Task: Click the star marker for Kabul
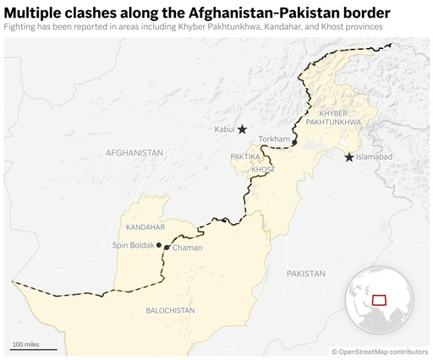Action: click(x=242, y=129)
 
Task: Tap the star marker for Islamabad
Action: click(x=349, y=157)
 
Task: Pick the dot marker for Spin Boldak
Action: click(x=159, y=245)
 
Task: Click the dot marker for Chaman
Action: click(x=166, y=247)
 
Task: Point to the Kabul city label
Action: click(x=224, y=130)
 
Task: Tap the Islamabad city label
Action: click(x=375, y=157)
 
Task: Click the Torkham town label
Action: click(x=274, y=139)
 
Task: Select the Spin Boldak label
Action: click(x=134, y=245)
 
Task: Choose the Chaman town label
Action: click(x=187, y=248)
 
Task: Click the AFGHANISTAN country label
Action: click(x=134, y=153)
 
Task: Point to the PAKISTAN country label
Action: click(x=305, y=274)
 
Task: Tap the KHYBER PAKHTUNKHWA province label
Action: click(x=340, y=117)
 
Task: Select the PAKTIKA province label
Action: click(x=245, y=157)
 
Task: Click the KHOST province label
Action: click(x=263, y=170)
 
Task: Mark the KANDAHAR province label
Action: click(x=145, y=227)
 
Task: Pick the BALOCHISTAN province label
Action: click(x=170, y=310)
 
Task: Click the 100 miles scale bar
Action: click(x=34, y=346)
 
